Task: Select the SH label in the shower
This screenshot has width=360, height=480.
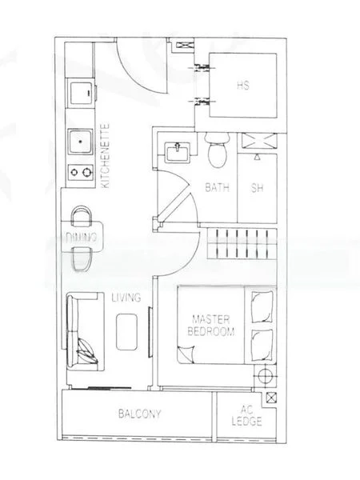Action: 258,189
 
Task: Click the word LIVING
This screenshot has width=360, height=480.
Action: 126,298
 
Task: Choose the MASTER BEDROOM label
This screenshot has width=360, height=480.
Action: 211,325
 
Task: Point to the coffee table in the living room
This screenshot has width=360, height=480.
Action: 126,330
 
